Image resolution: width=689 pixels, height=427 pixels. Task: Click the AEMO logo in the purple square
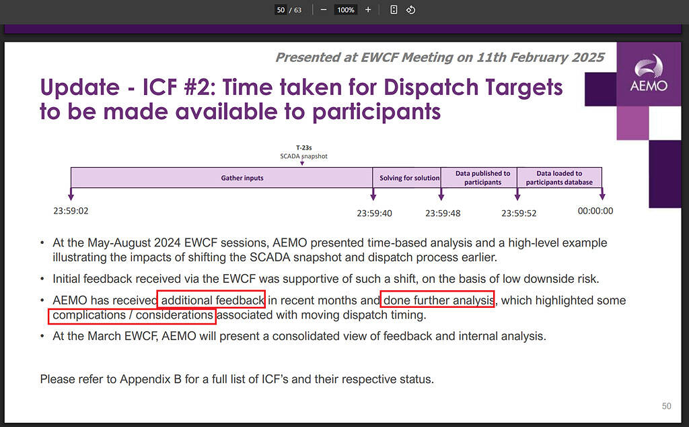[649, 73]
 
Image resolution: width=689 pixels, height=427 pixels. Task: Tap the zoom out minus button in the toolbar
[324, 9]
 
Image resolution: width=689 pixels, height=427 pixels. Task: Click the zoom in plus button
[368, 9]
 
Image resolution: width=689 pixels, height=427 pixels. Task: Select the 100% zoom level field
[346, 9]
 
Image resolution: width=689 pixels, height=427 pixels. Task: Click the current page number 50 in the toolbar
[281, 9]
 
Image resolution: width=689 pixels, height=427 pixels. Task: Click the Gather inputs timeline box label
[242, 178]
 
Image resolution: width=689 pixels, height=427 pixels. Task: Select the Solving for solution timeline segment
[407, 178]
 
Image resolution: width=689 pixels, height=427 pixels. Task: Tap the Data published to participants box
[479, 178]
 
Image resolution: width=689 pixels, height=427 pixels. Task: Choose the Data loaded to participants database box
[559, 178]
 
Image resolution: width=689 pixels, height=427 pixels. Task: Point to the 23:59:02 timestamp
[71, 211]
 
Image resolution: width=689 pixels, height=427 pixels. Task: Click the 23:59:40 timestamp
[374, 213]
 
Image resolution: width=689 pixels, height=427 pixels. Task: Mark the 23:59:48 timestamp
[443, 213]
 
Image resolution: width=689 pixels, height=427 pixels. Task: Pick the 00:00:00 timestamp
[595, 211]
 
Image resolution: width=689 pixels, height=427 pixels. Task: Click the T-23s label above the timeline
[303, 147]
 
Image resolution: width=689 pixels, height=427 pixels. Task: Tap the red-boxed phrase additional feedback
[213, 300]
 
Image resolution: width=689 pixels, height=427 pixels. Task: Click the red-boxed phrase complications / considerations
[133, 315]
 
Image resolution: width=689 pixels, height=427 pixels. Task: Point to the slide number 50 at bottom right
[667, 406]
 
